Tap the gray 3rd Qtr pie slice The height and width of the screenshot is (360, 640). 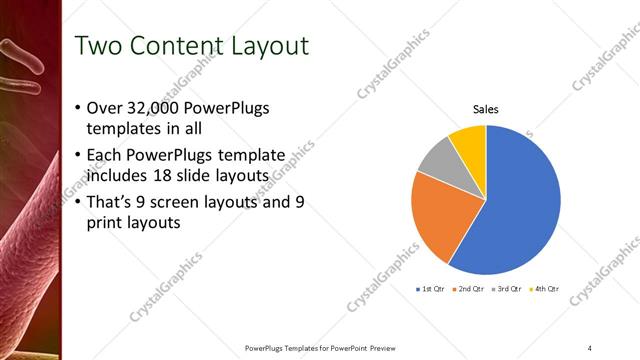click(436, 165)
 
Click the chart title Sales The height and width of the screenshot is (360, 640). click(486, 110)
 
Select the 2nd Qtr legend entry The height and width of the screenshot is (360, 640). click(469, 289)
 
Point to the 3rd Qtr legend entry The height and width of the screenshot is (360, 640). click(507, 289)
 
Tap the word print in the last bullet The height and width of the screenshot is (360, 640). click(106, 224)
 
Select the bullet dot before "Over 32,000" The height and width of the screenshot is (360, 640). click(79, 108)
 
